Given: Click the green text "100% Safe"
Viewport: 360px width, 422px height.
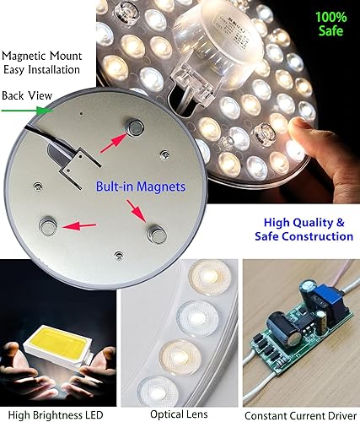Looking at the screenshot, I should point(330,24).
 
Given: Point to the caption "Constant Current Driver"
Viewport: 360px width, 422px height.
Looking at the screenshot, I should point(300,414).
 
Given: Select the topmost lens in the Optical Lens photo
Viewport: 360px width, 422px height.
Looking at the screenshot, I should point(207,277).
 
